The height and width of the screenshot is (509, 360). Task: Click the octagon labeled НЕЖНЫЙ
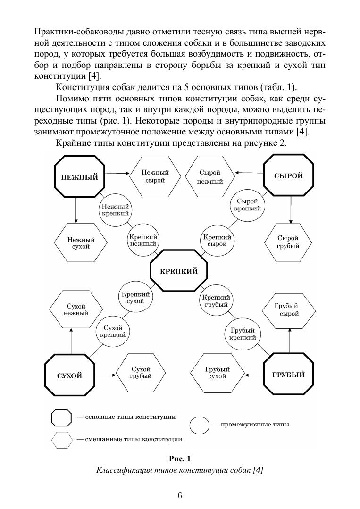point(80,177)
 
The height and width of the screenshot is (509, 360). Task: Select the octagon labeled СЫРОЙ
point(288,176)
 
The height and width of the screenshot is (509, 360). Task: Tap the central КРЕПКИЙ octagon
point(179,271)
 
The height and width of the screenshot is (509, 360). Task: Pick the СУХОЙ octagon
point(69,375)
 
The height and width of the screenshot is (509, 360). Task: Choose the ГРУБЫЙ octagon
point(288,375)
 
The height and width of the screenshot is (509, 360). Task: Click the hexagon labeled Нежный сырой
point(155,177)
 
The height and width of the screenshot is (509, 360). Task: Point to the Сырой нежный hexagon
point(210,177)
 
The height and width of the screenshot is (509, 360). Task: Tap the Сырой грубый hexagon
point(288,242)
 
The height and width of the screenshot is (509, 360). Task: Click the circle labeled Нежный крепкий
point(115,209)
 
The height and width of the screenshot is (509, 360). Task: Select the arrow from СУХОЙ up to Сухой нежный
point(70,341)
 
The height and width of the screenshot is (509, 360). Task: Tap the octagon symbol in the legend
point(62,417)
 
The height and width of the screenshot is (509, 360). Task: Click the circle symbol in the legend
point(200,425)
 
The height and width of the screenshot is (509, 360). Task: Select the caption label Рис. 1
point(180,459)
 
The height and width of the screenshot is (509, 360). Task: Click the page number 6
point(180,495)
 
